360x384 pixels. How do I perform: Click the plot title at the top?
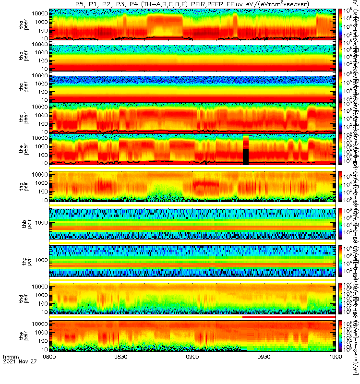click(x=192, y=4)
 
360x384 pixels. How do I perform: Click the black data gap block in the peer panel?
click(x=246, y=157)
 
